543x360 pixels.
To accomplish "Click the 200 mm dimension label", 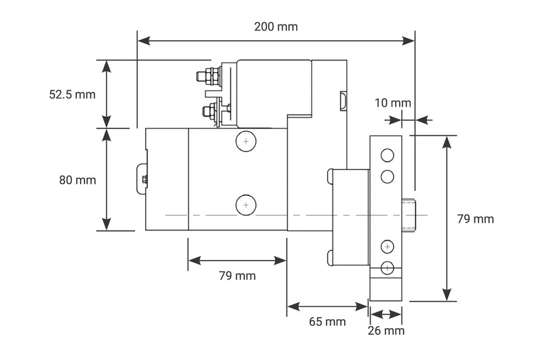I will (276, 27).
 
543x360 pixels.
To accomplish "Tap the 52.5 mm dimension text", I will (72, 94).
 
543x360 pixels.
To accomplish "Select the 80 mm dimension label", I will (77, 180).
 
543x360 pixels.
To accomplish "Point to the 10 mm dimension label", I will (392, 103).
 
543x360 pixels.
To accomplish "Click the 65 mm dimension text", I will (327, 322).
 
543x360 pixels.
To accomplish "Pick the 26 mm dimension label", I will (386, 331).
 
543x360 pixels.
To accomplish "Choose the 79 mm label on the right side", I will (475, 219).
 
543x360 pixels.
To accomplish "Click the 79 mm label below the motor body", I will (237, 276).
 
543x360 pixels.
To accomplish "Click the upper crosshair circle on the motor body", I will (245, 141).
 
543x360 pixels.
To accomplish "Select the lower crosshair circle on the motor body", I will (245, 204).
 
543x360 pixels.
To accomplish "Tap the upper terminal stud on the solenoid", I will (204, 77).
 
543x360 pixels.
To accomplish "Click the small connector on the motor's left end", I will (143, 179).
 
